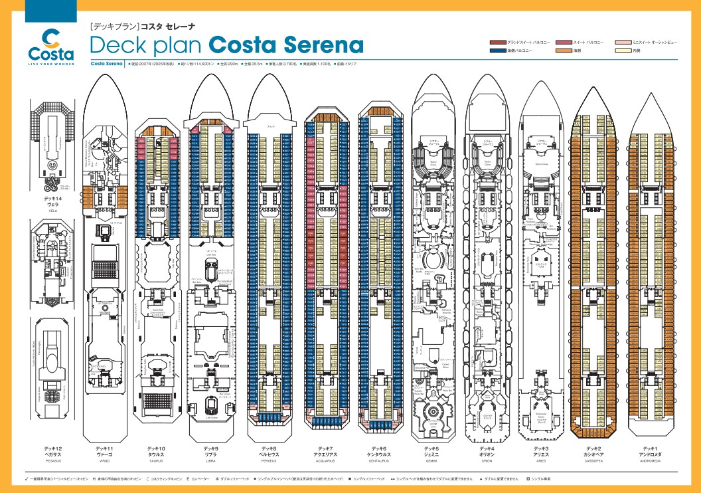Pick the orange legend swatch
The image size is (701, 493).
click(564, 50)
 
